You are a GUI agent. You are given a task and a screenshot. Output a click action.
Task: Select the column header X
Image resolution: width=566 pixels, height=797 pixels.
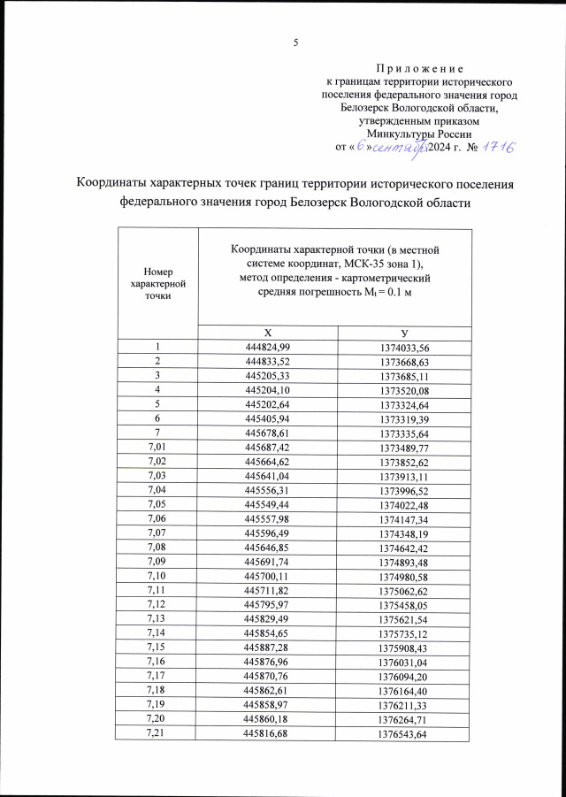(x=269, y=332)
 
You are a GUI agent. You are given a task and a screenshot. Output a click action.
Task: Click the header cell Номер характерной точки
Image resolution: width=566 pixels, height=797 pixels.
(x=157, y=283)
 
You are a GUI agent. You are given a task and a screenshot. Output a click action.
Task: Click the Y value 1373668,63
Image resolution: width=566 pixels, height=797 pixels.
(x=404, y=362)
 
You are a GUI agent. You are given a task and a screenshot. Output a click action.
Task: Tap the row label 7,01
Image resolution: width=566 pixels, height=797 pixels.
(x=157, y=448)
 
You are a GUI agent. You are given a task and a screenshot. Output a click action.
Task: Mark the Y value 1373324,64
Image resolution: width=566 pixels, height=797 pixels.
(x=404, y=405)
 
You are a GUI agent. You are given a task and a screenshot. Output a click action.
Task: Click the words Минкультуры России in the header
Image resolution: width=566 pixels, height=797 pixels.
(x=420, y=133)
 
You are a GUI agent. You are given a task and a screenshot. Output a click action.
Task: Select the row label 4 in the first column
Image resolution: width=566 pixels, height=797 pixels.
(x=157, y=390)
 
